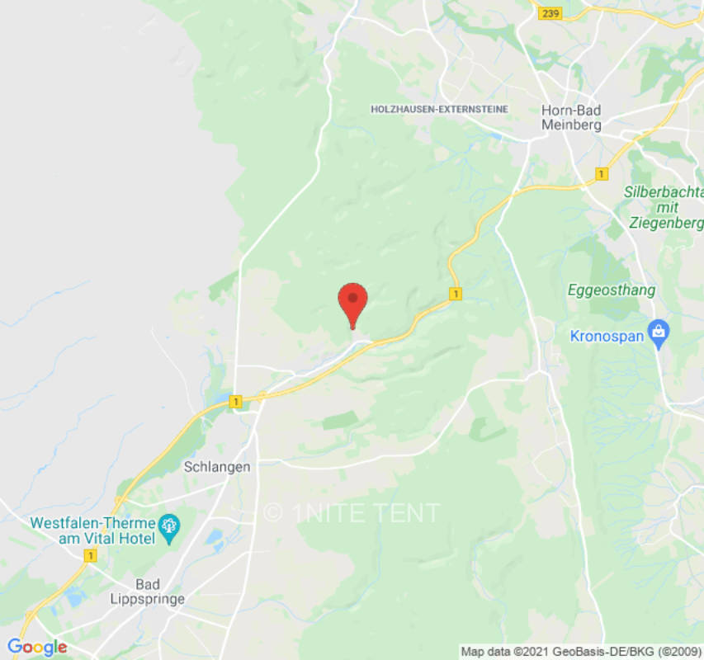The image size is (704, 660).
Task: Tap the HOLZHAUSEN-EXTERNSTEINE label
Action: point(439,109)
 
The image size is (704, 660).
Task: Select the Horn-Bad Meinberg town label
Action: point(571,117)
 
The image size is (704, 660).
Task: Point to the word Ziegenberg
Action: point(665,223)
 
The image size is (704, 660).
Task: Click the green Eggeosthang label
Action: point(612,290)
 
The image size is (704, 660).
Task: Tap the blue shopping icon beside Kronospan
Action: point(658,332)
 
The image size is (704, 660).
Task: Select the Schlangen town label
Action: point(216,467)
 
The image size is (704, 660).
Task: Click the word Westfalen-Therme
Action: point(92,524)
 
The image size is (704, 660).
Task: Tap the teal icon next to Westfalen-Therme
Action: point(169,526)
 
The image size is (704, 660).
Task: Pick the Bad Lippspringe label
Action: point(148,592)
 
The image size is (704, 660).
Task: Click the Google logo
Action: point(37,648)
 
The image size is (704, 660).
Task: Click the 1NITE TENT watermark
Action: point(352,512)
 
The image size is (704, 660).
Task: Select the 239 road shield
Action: point(549,14)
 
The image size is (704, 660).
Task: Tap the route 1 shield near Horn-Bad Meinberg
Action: point(602,174)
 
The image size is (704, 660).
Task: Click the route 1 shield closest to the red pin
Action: point(454,294)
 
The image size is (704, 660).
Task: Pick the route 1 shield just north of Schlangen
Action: point(236,402)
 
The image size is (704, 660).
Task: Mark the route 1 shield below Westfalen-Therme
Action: point(90,557)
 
